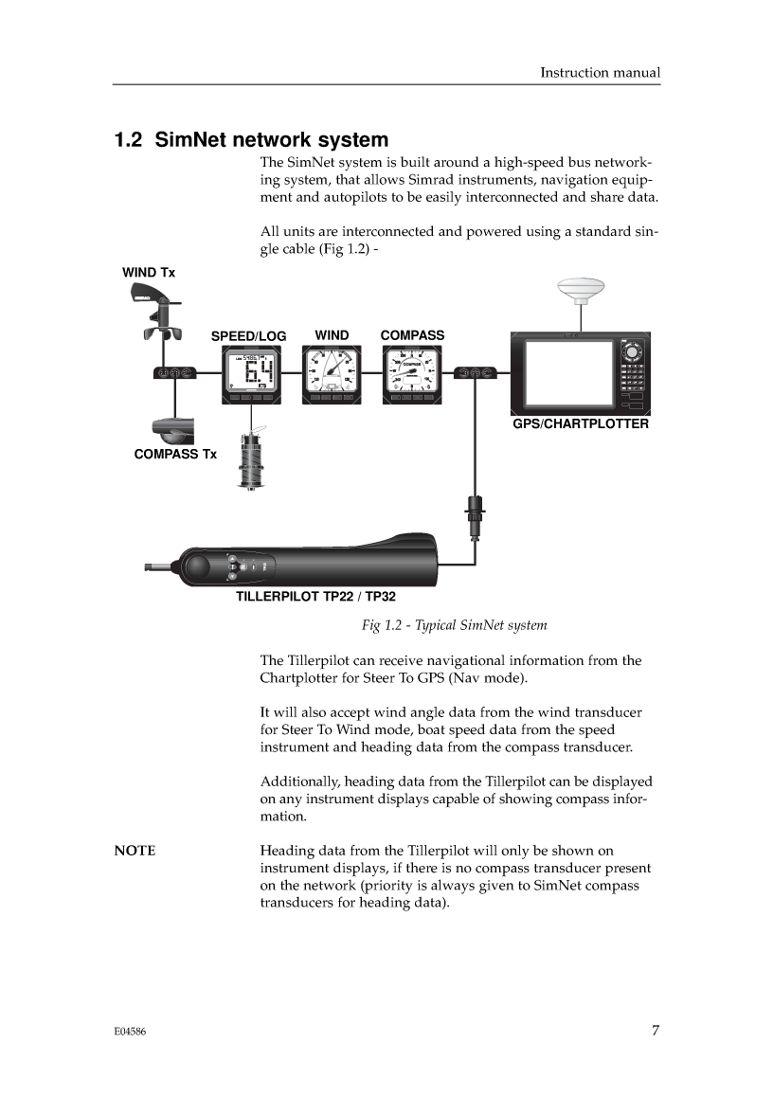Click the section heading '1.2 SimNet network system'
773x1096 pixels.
251,140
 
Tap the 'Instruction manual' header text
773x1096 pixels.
600,72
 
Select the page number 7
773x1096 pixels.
655,1032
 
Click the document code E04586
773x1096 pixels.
130,1033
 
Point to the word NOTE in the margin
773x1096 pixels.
135,851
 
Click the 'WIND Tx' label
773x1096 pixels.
149,273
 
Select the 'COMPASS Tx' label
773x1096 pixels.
175,454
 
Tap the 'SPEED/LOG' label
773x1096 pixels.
248,336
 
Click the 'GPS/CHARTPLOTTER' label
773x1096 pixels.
581,423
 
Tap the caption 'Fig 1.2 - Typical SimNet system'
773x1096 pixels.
454,625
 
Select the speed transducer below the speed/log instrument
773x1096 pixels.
250,461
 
